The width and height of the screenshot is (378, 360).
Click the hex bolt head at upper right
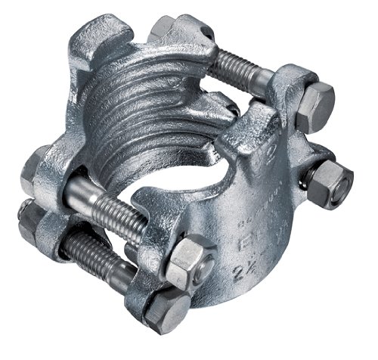tap(314, 107)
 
